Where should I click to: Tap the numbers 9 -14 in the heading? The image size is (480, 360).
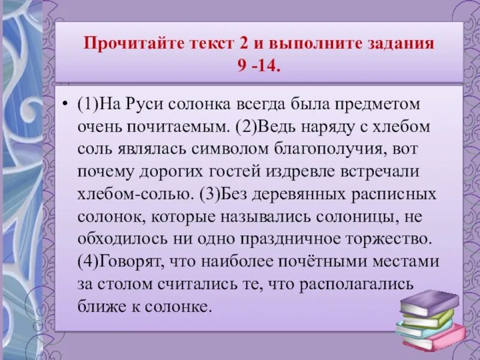[x=259, y=64]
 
